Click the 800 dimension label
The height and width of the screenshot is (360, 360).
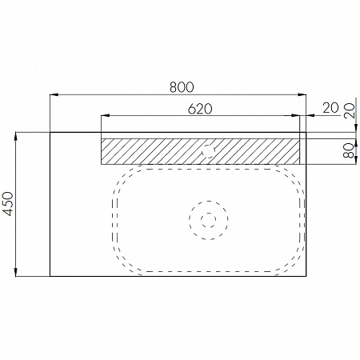(x=182, y=87)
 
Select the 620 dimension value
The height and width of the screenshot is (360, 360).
(x=200, y=109)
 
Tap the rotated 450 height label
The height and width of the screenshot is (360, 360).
(x=8, y=204)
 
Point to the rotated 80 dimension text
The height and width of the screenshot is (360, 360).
(x=349, y=150)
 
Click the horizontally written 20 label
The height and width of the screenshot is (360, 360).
(x=330, y=108)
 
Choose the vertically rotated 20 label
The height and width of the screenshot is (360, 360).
(x=350, y=110)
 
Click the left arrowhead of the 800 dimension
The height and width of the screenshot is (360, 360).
(x=54, y=94)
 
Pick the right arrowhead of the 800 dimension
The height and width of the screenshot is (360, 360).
(x=302, y=94)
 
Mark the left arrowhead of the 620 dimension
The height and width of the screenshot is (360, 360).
(x=106, y=115)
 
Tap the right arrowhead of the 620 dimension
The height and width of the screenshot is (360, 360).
(x=296, y=115)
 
